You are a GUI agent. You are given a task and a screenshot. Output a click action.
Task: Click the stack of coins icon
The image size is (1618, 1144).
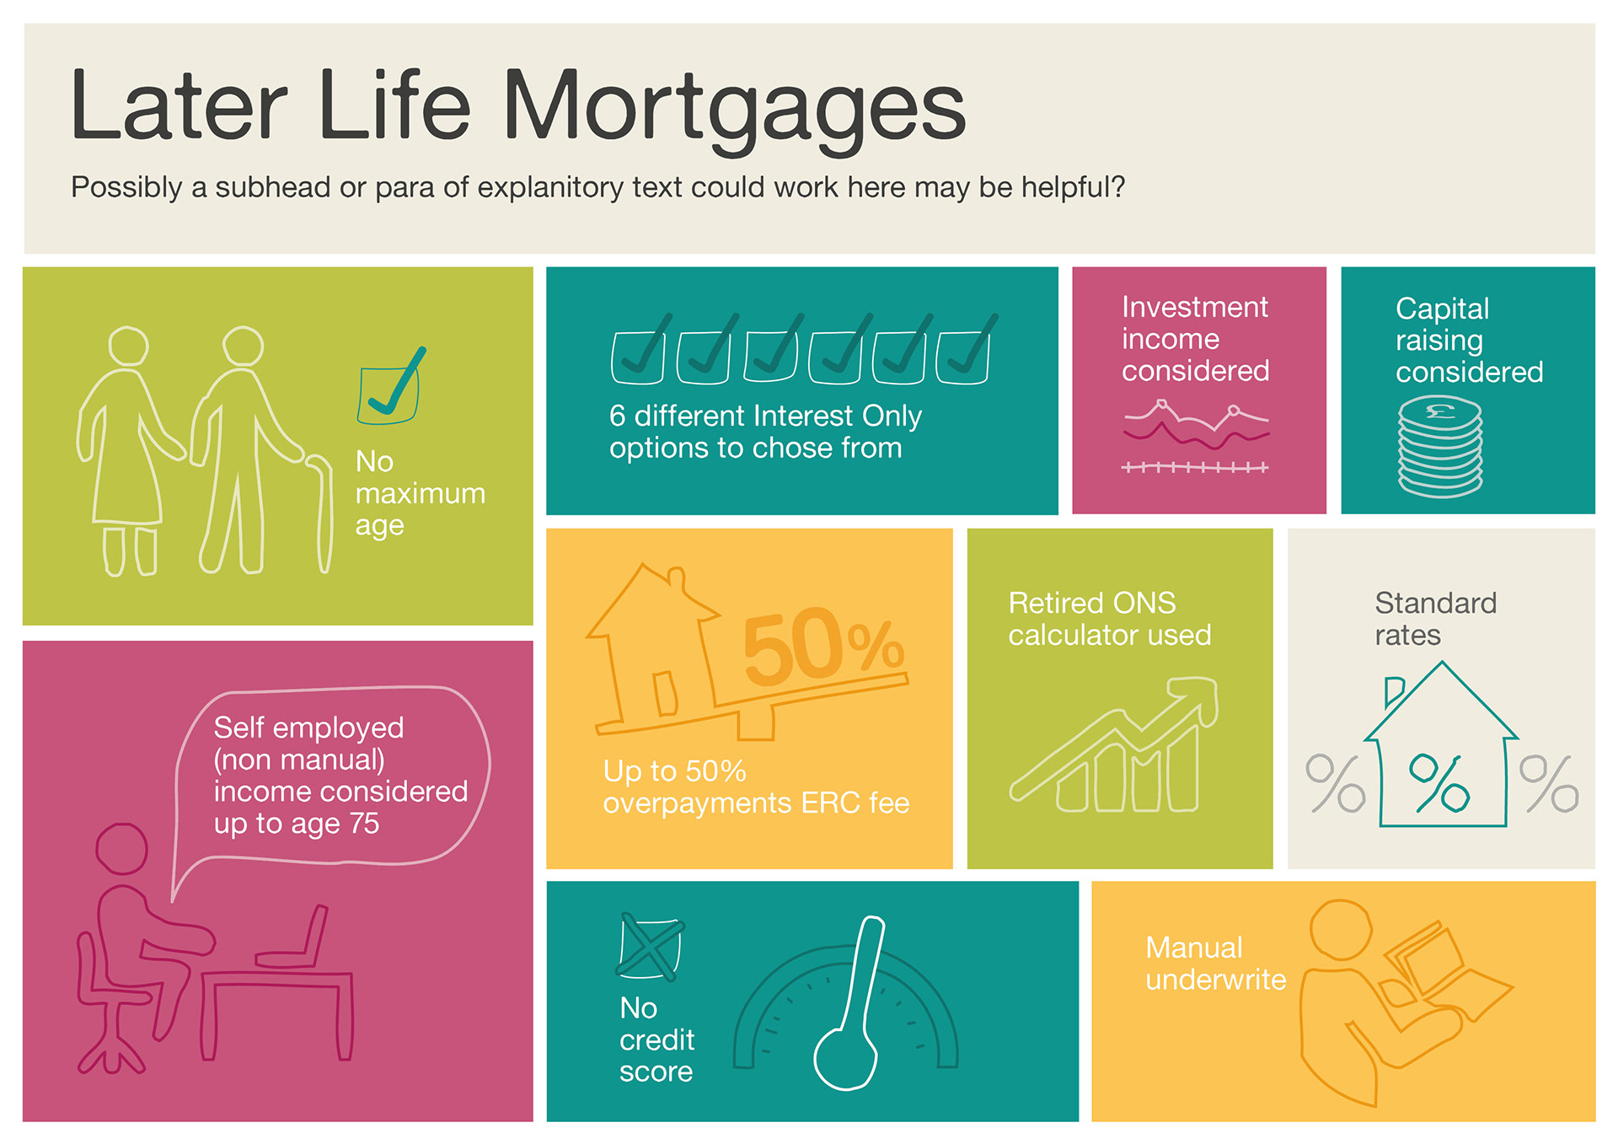click(1440, 448)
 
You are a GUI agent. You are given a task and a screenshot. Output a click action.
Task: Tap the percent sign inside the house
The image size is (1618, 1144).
click(1439, 783)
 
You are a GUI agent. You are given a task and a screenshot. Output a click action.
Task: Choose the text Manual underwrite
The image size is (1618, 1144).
click(1215, 964)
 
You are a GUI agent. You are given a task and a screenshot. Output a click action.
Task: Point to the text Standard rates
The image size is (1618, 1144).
click(1435, 619)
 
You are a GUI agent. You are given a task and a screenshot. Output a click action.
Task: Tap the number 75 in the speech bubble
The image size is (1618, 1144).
click(363, 823)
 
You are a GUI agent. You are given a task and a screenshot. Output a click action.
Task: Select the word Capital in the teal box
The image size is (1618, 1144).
click(1442, 309)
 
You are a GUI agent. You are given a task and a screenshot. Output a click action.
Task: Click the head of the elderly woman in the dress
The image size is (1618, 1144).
click(129, 346)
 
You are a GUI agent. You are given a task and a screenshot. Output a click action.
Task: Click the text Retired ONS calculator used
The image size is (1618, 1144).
click(1109, 619)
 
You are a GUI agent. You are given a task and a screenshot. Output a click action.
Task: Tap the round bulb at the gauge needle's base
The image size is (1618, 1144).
click(846, 1059)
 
